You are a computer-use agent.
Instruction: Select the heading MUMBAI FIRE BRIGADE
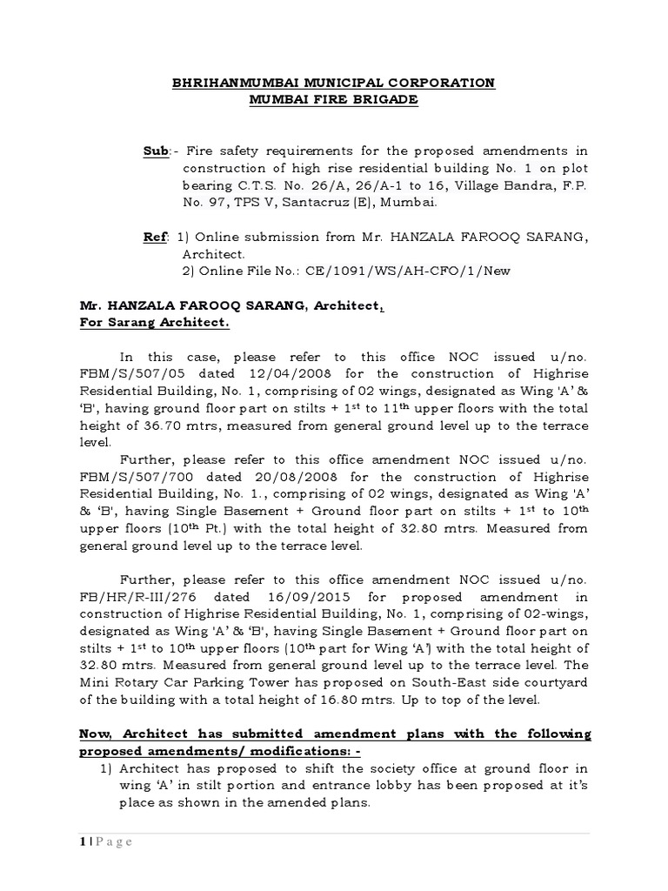tap(333, 99)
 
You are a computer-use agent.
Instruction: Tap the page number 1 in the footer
tap(81, 841)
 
